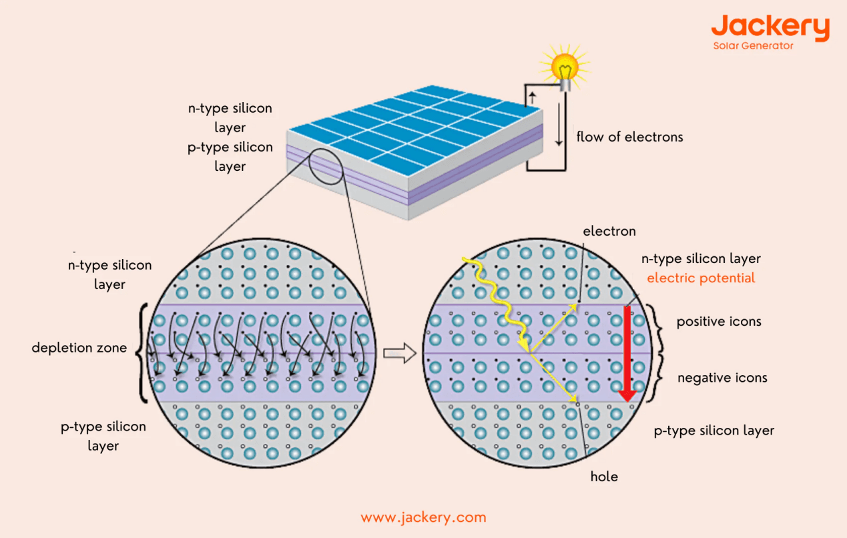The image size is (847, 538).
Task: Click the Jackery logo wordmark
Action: click(770, 27)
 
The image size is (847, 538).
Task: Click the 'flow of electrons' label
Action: click(629, 138)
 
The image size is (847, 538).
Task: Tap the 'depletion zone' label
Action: click(79, 348)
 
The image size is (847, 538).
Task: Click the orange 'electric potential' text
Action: click(701, 278)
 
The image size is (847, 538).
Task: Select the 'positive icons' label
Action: click(718, 322)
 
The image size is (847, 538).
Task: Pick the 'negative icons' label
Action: click(722, 378)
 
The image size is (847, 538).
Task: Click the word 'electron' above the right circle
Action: click(609, 232)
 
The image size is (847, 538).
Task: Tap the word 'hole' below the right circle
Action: click(604, 477)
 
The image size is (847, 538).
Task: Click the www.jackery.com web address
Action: click(423, 517)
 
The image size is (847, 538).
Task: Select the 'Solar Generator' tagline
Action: click(753, 46)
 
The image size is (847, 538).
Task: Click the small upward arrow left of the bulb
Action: click(532, 99)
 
